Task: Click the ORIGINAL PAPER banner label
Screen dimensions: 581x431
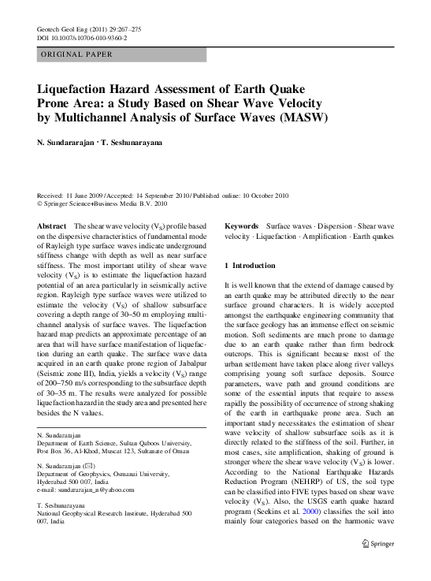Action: pos(76,54)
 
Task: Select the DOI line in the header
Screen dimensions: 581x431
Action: pos(82,37)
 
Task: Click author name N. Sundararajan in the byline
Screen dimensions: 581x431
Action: pos(72,143)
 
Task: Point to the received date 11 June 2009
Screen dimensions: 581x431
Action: pos(86,195)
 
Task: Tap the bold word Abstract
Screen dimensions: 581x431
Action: pos(52,226)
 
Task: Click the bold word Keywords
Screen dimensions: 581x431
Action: pos(243,226)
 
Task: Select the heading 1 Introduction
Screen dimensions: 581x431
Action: pos(251,266)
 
